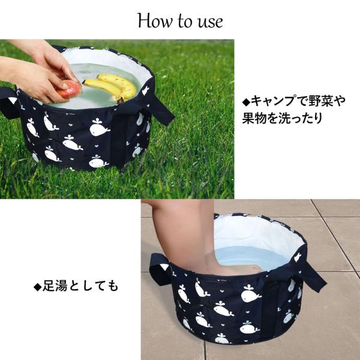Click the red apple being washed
pos(69,89)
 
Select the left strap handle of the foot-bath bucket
pos(160,269)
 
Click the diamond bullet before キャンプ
pos(246,102)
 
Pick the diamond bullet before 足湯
pos(37,287)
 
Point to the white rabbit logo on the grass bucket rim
pos(145,91)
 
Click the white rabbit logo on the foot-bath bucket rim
pos(298,257)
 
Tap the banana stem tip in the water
pos(121,100)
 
